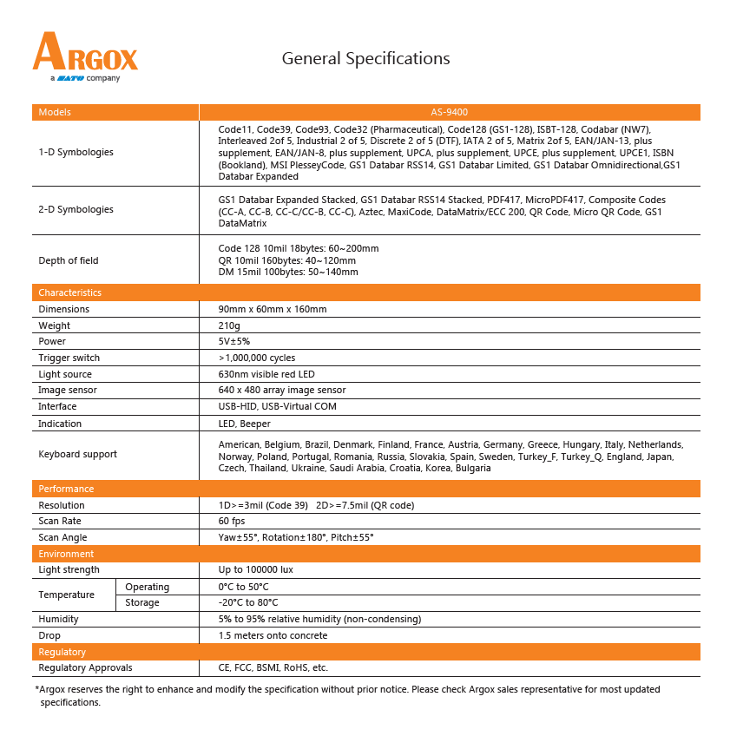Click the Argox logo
85,56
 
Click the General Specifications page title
365,59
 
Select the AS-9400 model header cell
449,112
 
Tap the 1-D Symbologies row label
76,152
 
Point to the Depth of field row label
69,260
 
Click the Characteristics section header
69,292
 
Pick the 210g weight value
230,325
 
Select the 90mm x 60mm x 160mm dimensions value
273,309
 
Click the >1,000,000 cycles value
257,358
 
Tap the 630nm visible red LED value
266,374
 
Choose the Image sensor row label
67,390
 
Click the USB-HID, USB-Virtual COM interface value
277,406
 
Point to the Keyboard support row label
77,454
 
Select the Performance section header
66,489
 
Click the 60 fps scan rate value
232,521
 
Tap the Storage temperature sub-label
142,602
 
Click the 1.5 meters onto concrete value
273,635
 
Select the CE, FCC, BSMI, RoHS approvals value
273,667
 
